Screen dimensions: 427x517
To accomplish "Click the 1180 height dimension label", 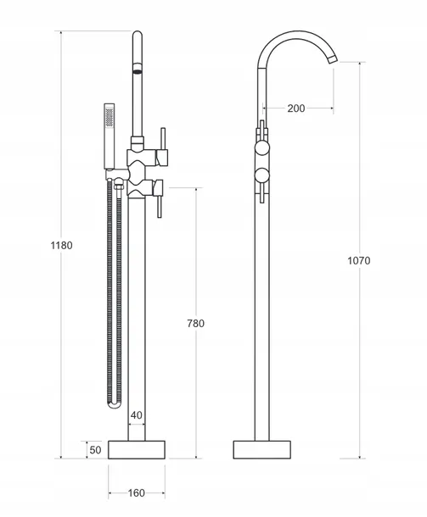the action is [61, 246].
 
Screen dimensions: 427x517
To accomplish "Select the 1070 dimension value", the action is [359, 261].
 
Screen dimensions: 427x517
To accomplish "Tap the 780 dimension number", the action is [196, 324].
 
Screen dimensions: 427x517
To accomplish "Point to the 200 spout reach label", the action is [296, 108].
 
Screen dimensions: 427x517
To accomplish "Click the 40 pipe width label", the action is [137, 415].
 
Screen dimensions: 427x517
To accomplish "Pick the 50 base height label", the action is [95, 450].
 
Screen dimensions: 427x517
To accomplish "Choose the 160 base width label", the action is [137, 493].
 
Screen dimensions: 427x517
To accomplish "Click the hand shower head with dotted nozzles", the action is [110, 117].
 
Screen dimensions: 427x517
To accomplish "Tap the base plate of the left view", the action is [137, 449].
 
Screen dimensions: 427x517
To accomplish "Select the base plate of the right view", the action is [262, 449].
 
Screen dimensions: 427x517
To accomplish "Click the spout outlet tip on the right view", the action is [333, 58].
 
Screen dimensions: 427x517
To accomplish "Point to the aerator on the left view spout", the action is [138, 69].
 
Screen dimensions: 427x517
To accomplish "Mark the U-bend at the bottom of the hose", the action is [115, 404].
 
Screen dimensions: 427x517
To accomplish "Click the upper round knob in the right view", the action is [262, 148].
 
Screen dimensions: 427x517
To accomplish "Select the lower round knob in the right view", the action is [262, 175].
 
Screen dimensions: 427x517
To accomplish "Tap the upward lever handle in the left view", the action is [162, 139].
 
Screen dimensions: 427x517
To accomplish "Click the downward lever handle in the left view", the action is [160, 206].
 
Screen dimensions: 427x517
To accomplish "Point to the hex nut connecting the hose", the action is [118, 184].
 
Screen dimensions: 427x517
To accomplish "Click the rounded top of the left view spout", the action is [138, 35].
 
